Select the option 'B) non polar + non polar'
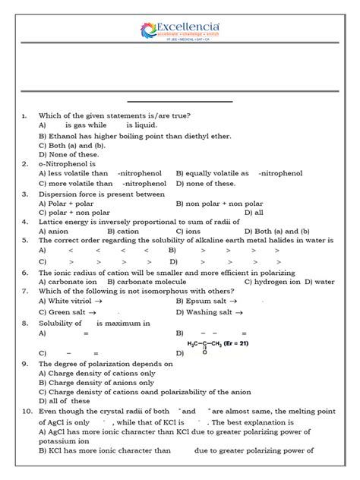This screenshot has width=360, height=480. [219, 204]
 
